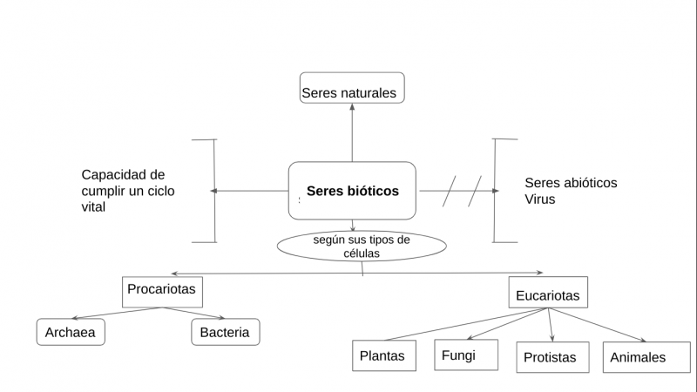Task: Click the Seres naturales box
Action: click(x=352, y=88)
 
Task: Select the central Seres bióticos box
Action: click(x=352, y=190)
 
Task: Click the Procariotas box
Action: click(x=162, y=291)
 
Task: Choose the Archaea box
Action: click(x=71, y=332)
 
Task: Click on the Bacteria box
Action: click(x=225, y=332)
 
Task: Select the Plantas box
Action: click(x=382, y=355)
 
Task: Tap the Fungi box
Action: click(x=466, y=355)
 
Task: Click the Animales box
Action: click(x=638, y=356)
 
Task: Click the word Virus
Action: click(x=539, y=199)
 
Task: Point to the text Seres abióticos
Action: click(x=571, y=183)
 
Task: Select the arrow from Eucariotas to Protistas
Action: click(x=551, y=324)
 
